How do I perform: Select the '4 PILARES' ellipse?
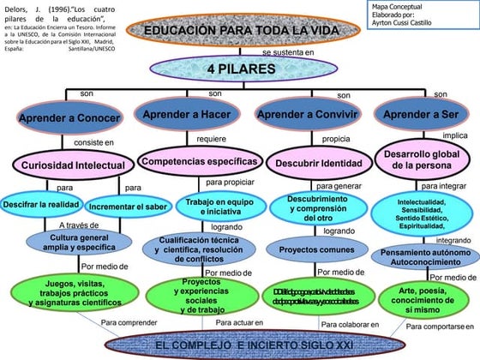pyautogui.click(x=240, y=68)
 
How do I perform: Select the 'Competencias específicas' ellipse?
pyautogui.click(x=199, y=161)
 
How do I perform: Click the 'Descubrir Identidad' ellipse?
pyautogui.click(x=316, y=163)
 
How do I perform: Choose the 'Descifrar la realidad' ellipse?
pyautogui.click(x=42, y=206)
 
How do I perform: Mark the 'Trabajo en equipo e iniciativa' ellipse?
pyautogui.click(x=202, y=207)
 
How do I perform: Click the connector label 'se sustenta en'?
pyautogui.click(x=287, y=52)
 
